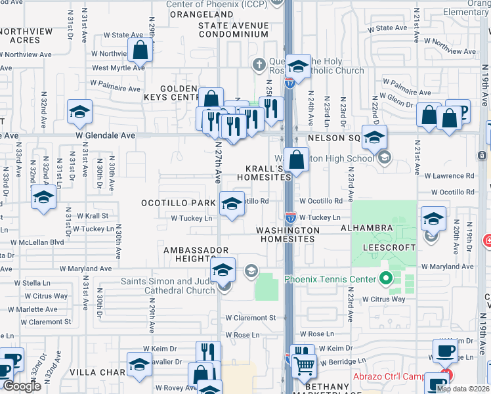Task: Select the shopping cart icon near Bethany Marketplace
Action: point(305,365)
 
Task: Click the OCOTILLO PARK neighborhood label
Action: point(179,203)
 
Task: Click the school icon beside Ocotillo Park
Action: point(230,203)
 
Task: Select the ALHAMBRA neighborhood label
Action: point(366,228)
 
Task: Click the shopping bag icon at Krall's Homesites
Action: point(297,159)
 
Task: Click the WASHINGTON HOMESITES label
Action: point(288,235)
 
